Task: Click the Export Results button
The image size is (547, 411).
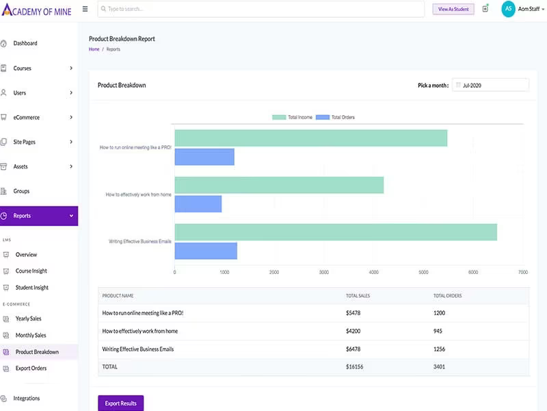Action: coord(121,403)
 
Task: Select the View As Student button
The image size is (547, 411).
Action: coord(453,9)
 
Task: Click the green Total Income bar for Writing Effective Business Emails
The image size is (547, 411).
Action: coord(336,232)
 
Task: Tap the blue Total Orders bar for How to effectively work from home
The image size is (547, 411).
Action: coord(198,203)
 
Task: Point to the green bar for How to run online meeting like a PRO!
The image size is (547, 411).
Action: coord(311,138)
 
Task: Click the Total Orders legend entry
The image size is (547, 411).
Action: coord(335,117)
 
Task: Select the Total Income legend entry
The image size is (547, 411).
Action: coord(293,117)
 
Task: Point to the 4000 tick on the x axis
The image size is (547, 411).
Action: coord(373,272)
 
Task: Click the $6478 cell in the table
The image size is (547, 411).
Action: coord(353,349)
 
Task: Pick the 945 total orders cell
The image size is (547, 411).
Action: coord(438,331)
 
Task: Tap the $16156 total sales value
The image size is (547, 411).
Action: coord(354,367)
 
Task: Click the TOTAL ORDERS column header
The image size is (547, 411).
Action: coord(448,296)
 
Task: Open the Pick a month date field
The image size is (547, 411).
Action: coord(490,85)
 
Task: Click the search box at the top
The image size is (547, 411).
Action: coord(261,9)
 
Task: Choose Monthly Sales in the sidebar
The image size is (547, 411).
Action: coord(31,335)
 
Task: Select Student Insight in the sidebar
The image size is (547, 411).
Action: coord(31,288)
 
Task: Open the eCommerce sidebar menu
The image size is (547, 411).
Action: coord(38,117)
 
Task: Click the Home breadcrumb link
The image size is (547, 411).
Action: coord(94,49)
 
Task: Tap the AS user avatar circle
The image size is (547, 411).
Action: coord(508,9)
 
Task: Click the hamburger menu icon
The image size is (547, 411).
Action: coord(85,9)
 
